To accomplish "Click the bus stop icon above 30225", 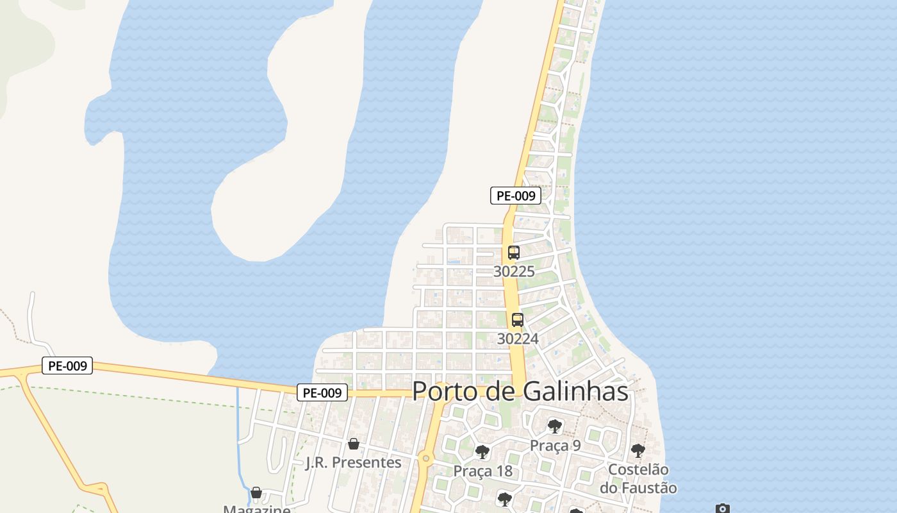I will pyautogui.click(x=513, y=252).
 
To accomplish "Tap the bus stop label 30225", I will pyautogui.click(x=514, y=271).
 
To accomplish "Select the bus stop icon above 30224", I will pyautogui.click(x=517, y=319).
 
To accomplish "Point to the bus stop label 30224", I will pyautogui.click(x=518, y=339).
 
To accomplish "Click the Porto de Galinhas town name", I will pyautogui.click(x=520, y=391).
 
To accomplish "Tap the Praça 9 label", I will pyautogui.click(x=555, y=445).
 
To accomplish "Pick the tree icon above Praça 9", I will pyautogui.click(x=555, y=426).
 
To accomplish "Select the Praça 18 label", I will pyautogui.click(x=482, y=471).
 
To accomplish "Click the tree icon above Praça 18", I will pyautogui.click(x=482, y=452).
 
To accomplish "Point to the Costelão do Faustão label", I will pyautogui.click(x=638, y=478).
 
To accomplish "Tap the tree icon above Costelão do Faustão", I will pyautogui.click(x=638, y=450).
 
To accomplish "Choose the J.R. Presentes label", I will pyautogui.click(x=353, y=462).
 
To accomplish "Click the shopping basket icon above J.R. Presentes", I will pyautogui.click(x=353, y=444).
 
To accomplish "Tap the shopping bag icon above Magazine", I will pyautogui.click(x=256, y=492).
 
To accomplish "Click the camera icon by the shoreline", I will pyautogui.click(x=723, y=509).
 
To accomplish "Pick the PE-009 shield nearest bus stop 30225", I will pyautogui.click(x=515, y=196).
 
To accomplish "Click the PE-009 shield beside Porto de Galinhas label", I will pyautogui.click(x=322, y=392).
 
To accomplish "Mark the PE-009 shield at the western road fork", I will pyautogui.click(x=67, y=366).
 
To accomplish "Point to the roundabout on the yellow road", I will pyautogui.click(x=425, y=458).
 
